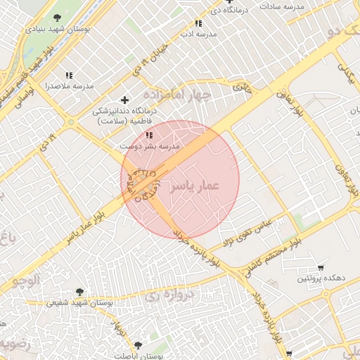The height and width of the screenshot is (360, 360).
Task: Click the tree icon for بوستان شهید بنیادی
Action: (x=57, y=19)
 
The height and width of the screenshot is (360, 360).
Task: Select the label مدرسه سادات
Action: (x=281, y=6)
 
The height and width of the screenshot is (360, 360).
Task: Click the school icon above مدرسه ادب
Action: (x=199, y=23)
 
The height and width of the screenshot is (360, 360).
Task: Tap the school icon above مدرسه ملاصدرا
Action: (x=69, y=75)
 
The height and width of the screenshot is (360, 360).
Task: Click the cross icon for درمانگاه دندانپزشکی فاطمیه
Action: (x=125, y=100)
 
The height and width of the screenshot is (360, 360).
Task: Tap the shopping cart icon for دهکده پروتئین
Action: (x=321, y=267)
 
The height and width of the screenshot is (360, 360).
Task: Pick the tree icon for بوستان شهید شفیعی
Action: (x=79, y=292)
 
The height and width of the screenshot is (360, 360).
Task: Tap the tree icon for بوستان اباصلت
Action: (x=137, y=345)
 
